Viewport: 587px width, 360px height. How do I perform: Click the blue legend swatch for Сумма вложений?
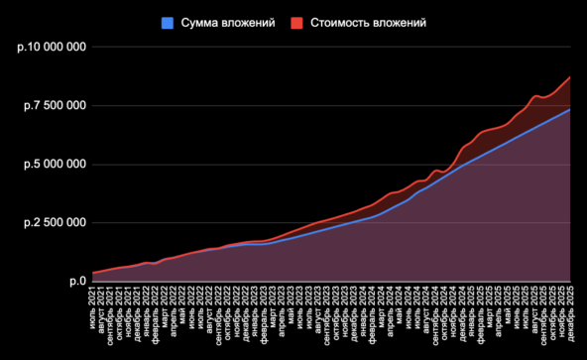point(167,23)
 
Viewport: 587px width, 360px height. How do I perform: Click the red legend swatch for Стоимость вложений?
point(296,23)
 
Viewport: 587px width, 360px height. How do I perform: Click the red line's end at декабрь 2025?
point(569,77)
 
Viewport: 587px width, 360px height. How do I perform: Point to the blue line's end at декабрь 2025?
point(569,109)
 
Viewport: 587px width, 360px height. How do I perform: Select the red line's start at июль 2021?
point(92,273)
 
